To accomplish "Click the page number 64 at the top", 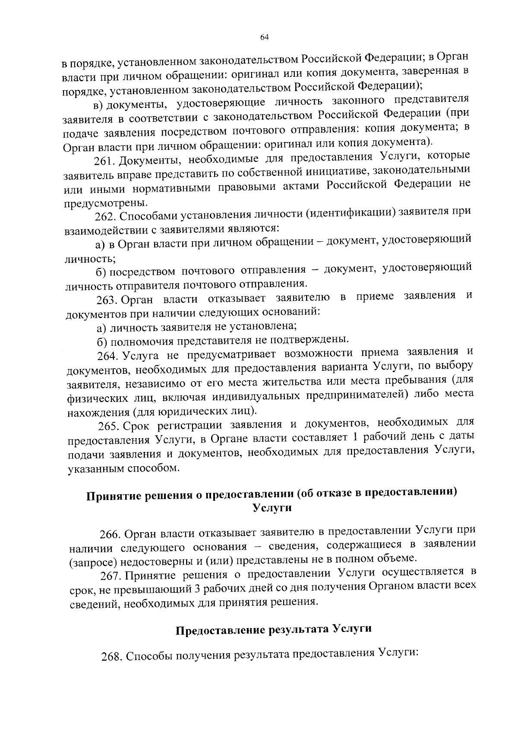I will pos(265,38).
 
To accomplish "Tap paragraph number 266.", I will pos(110,534).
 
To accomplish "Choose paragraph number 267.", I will pos(111,576).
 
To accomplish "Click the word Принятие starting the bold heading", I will pos(113,495).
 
